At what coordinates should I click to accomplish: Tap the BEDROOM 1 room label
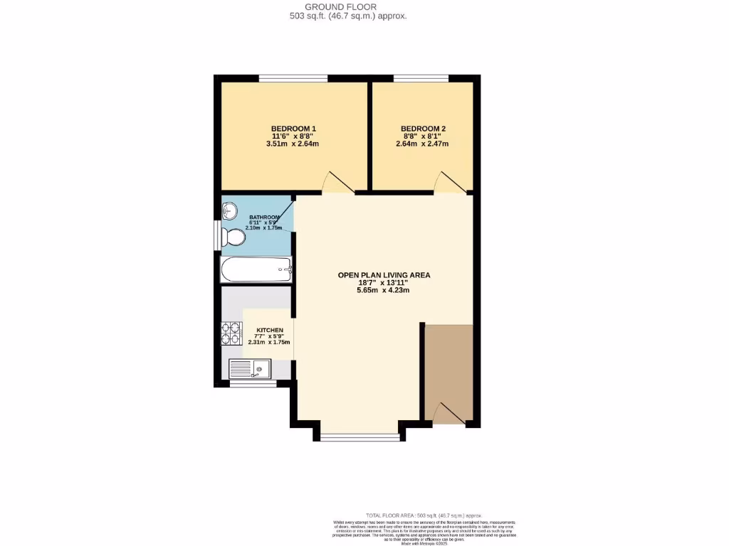click(293, 129)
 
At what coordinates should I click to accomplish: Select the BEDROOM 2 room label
click(423, 129)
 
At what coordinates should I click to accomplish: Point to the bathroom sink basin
click(230, 210)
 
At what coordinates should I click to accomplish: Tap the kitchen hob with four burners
click(232, 333)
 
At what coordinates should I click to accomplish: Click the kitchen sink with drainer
click(249, 369)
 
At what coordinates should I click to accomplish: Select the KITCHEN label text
click(270, 331)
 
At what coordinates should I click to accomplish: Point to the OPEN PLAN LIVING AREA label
click(384, 274)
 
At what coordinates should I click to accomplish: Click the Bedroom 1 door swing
click(337, 183)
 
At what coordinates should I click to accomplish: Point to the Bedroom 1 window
click(293, 77)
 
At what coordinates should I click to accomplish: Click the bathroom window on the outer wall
click(218, 235)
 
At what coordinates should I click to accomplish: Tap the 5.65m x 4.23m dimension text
click(383, 290)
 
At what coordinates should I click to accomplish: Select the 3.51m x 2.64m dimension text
click(292, 144)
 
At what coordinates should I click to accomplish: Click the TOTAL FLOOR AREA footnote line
click(424, 515)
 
